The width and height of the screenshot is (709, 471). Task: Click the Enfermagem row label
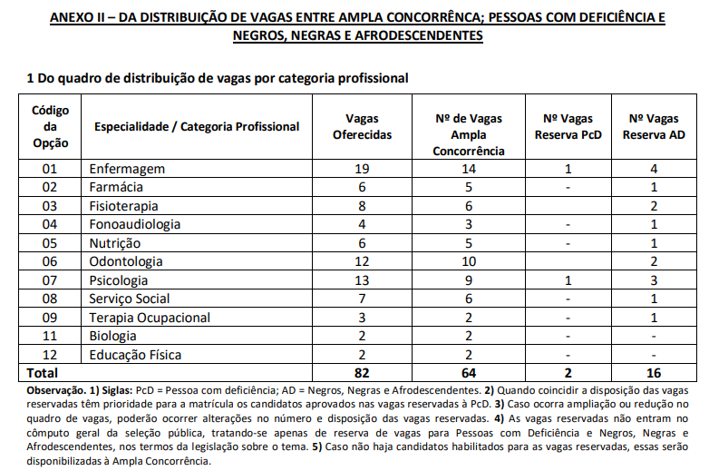[127, 169]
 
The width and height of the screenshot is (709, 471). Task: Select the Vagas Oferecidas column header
[362, 126]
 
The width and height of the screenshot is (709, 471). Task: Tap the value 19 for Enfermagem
[362, 169]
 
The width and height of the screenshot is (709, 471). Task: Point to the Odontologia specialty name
[126, 261]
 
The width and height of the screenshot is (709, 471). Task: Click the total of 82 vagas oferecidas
[362, 373]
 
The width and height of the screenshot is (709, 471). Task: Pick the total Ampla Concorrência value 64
[468, 373]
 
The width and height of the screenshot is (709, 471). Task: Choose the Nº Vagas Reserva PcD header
[568, 126]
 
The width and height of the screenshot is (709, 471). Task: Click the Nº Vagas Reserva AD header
[654, 126]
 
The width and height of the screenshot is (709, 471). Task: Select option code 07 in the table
[49, 280]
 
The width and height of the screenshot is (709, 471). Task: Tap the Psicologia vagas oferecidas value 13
[362, 280]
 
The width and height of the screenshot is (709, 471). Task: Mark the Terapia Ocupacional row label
[150, 318]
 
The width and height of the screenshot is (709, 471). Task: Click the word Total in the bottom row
[43, 373]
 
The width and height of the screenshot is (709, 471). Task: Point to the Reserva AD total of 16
[654, 373]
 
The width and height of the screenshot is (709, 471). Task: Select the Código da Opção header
[49, 126]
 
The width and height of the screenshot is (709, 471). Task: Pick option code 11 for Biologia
[49, 336]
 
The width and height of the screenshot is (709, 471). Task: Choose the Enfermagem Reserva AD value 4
[654, 169]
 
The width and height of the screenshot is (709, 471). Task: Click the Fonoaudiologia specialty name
[134, 224]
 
